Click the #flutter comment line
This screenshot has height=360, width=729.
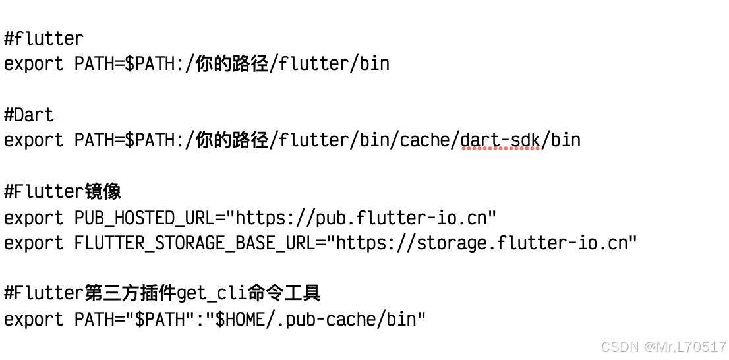click(x=44, y=38)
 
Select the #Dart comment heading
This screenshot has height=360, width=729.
click(x=29, y=115)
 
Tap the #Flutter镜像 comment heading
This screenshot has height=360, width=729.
click(x=63, y=191)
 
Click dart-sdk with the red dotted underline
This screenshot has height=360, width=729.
click(x=501, y=140)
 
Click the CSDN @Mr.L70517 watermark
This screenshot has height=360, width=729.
click(x=664, y=347)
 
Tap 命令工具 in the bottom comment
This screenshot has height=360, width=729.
click(x=284, y=293)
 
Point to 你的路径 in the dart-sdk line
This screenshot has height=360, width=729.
click(x=232, y=140)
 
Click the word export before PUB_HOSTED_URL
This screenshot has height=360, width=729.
click(x=34, y=218)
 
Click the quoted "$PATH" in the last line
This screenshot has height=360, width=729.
click(x=156, y=320)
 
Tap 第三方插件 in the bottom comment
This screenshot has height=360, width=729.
click(x=131, y=293)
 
